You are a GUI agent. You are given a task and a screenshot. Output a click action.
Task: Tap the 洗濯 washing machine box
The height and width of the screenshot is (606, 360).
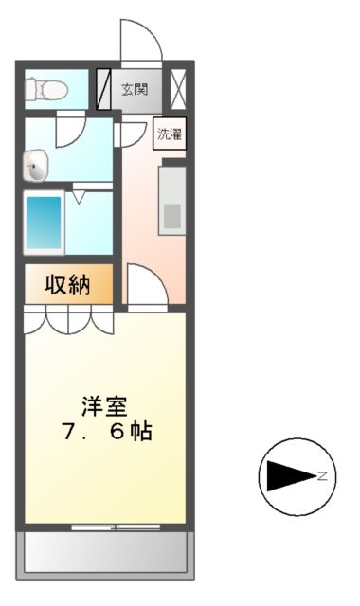coord(171,133)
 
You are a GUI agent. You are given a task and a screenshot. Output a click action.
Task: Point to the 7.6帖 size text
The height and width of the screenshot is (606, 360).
coord(105,432)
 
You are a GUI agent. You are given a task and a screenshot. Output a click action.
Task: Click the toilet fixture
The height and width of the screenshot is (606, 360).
coord(46,89)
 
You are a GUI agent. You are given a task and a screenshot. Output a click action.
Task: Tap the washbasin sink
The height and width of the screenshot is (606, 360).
coord(35,169)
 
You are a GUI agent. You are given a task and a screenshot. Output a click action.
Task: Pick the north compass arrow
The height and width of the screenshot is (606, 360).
coord(290,474)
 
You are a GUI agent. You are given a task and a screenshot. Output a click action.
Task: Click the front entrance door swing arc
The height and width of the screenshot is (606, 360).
coord(140,40)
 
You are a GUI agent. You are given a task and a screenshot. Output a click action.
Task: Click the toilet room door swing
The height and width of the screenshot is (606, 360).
coord(72,130)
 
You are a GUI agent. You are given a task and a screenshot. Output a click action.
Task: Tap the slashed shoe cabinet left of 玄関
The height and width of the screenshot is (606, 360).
coord(106,89)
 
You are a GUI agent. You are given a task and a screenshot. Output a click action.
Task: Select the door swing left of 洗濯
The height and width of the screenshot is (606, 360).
coord(128,134)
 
